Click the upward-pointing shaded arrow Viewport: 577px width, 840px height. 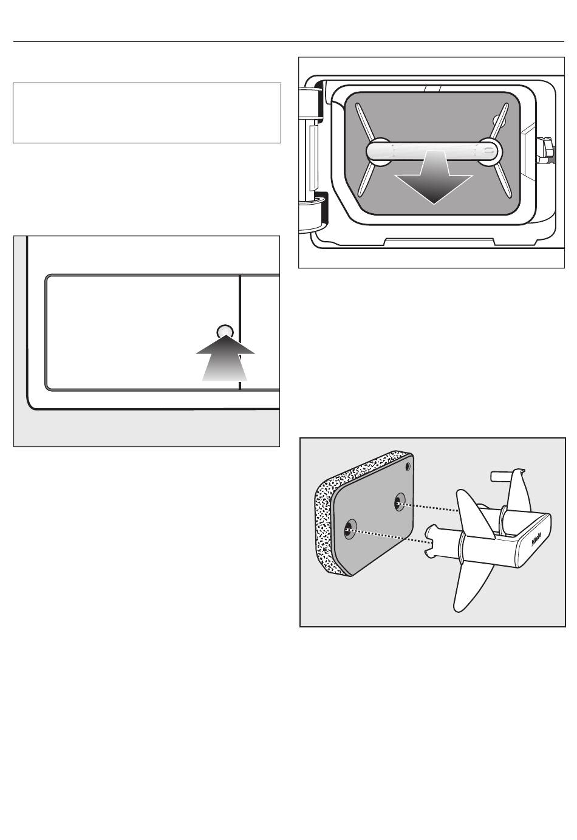coord(225,358)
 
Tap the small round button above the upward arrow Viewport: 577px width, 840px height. coord(225,332)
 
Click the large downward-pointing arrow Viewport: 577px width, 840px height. coord(434,178)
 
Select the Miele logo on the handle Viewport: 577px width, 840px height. coord(537,542)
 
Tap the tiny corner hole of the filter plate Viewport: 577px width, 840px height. coord(408,467)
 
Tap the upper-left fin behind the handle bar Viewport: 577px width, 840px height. coord(364,122)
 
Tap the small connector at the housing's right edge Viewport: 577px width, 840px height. coord(546,151)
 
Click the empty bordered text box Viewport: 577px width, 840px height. coord(147,113)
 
